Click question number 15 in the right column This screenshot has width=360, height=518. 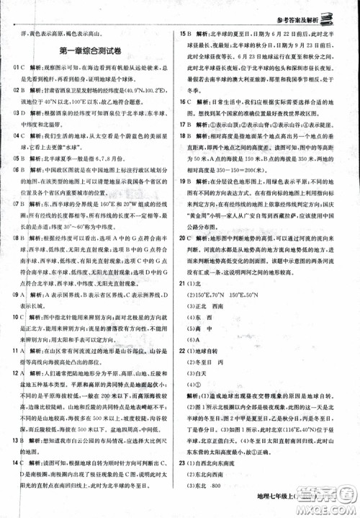click(186, 33)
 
